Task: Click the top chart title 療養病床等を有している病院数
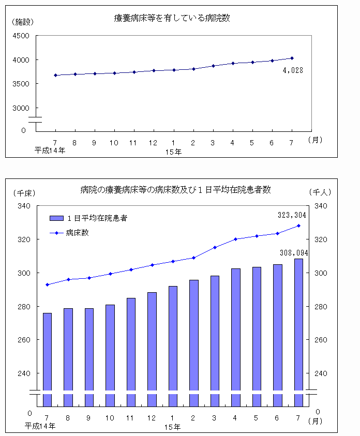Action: coord(172,18)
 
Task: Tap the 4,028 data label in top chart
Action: coord(292,70)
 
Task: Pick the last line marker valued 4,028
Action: coord(292,58)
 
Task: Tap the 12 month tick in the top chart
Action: coord(154,142)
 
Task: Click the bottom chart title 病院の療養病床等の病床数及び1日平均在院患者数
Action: coord(176,190)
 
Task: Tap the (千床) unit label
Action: coord(24,192)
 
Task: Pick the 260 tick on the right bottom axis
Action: coord(321,340)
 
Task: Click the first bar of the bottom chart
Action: coord(47,357)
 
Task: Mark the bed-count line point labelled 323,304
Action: coord(298,225)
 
